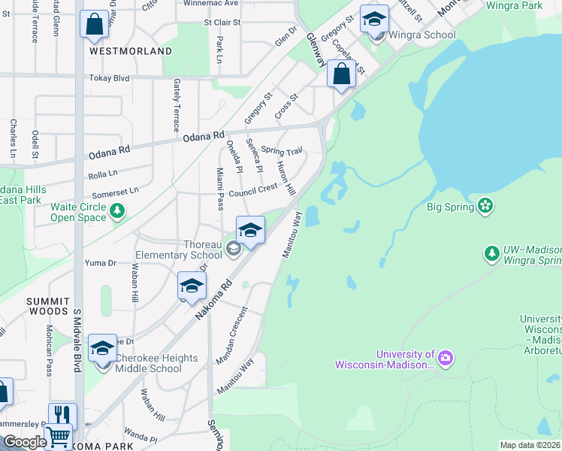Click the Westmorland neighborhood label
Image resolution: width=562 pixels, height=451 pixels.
131,51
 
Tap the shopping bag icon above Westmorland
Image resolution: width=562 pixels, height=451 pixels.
95,25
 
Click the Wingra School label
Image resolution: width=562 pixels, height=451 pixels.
422,35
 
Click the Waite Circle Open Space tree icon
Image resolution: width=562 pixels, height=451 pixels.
117,213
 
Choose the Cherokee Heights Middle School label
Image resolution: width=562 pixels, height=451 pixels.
148,363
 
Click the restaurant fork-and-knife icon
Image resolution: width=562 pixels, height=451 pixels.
62,416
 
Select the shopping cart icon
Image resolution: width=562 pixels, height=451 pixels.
58,436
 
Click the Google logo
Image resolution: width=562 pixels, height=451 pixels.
24,442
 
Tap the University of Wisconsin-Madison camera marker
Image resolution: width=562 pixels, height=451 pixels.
446,356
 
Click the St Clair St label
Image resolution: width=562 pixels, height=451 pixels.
216,23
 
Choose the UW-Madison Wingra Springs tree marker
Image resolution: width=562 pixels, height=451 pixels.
492,254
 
